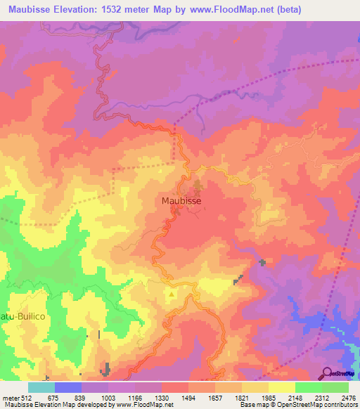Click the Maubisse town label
182,200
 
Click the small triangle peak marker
172,294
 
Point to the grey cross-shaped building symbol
262,263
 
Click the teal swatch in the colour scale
41,387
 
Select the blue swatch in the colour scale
68,387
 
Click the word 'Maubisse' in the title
33,10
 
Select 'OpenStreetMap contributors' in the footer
319,405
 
